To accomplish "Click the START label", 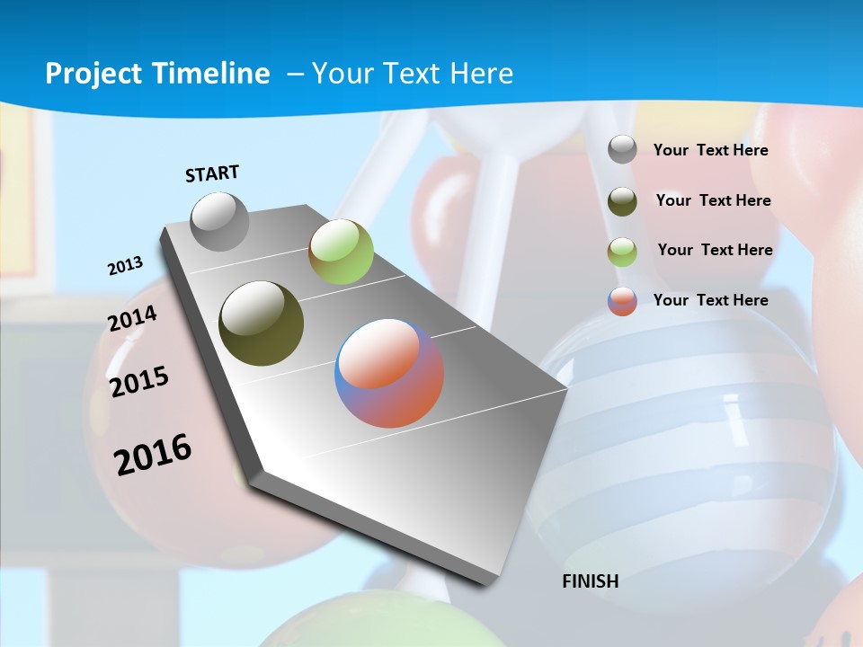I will [212, 173].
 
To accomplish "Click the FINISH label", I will [591, 581].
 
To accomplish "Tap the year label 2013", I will [126, 266].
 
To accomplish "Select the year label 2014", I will [133, 319].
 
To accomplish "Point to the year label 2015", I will [139, 382].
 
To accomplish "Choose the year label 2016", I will [153, 454].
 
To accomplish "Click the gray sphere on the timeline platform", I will [220, 221].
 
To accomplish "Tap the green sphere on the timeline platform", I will [341, 253].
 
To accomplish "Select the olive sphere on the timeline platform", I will [262, 323].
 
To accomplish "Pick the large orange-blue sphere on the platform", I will [389, 373].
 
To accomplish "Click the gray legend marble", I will [622, 150].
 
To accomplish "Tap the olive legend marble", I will [622, 201].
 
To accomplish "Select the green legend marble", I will [622, 252].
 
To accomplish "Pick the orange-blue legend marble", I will [622, 301].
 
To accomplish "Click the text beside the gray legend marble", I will [710, 150].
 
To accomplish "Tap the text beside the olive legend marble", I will [713, 200].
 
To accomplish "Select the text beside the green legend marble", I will [715, 250].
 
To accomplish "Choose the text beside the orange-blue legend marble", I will [710, 300].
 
